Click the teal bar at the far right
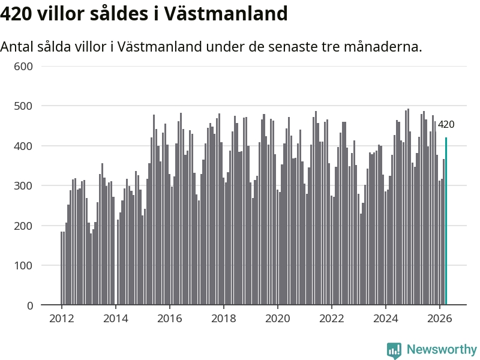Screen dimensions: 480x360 (x=446, y=221)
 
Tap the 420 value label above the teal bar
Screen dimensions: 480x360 (x=446, y=125)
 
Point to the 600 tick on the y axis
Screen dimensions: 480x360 (x=23, y=67)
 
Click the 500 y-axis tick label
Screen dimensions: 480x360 (x=23, y=106)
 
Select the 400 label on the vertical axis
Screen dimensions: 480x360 (x=23, y=146)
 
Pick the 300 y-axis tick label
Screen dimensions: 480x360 (x=23, y=186)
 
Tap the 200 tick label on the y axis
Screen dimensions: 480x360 (x=23, y=226)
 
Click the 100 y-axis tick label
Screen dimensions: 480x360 (x=23, y=266)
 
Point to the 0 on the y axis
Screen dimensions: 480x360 (x=30, y=305)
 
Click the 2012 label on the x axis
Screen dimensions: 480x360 (x=62, y=319)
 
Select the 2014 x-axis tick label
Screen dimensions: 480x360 (x=115, y=319)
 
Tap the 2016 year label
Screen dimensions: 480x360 (x=170, y=319)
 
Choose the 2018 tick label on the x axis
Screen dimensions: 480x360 (x=223, y=319)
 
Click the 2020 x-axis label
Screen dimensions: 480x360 (x=278, y=319)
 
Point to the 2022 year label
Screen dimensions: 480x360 (x=332, y=319)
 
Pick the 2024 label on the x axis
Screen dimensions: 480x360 (x=386, y=319)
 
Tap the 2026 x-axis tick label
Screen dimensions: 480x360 (x=440, y=319)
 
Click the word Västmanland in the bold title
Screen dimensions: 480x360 (x=226, y=14)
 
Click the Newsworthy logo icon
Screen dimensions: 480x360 (x=394, y=350)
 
